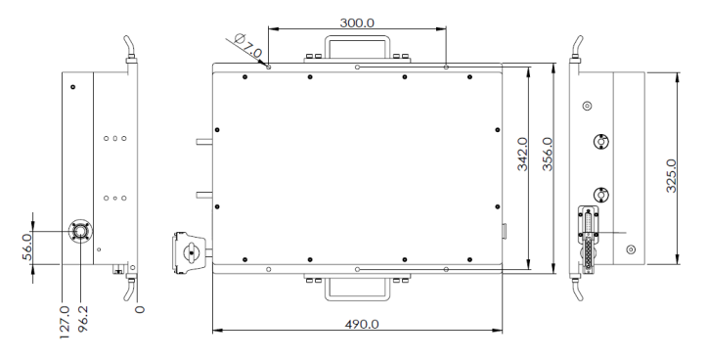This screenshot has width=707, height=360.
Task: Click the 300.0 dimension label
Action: [x=357, y=22]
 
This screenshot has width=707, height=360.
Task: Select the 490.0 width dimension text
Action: [x=362, y=324]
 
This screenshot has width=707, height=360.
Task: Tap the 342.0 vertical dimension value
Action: [x=522, y=155]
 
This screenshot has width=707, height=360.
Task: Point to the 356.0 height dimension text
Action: [x=548, y=154]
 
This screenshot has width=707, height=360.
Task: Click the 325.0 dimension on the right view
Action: [x=672, y=175]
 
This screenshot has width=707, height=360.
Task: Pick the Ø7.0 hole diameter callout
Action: [x=247, y=46]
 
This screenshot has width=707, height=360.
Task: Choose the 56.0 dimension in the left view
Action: [x=27, y=247]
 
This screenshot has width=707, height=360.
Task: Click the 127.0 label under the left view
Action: [x=65, y=322]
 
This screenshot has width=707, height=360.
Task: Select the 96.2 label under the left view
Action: [x=83, y=319]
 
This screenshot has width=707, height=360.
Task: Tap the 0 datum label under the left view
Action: [x=140, y=309]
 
